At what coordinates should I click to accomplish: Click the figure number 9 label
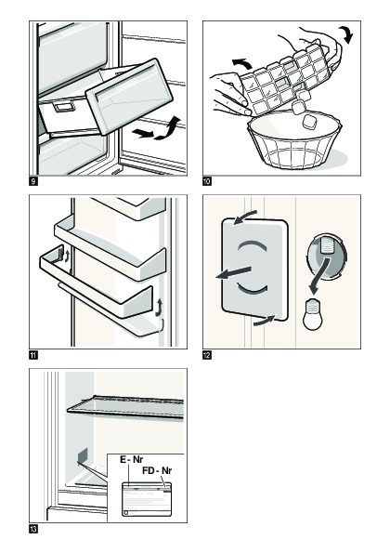(33, 181)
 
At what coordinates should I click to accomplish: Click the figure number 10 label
(207, 181)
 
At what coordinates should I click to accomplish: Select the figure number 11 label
(33, 355)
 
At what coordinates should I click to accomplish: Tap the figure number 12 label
(207, 355)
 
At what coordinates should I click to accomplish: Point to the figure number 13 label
(33, 529)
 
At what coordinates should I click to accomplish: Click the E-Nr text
(132, 459)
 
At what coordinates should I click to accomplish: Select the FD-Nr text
(157, 470)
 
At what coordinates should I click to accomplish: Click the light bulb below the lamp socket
(313, 314)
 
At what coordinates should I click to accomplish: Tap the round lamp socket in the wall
(327, 257)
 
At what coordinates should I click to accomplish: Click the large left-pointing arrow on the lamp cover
(233, 272)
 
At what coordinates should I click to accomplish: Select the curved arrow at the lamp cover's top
(245, 217)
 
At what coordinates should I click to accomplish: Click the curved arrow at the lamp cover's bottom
(264, 320)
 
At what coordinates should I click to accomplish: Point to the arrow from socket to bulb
(319, 276)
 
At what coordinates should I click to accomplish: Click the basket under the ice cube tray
(294, 140)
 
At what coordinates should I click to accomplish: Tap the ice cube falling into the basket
(309, 122)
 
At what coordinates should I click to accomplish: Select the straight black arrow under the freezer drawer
(143, 133)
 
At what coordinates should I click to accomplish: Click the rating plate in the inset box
(147, 499)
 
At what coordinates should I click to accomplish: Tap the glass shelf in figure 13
(125, 407)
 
